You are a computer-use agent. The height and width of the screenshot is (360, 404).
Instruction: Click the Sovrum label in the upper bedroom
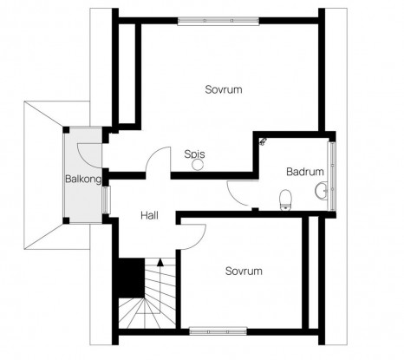224,89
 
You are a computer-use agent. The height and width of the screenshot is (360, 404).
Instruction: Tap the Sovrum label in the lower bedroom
244,272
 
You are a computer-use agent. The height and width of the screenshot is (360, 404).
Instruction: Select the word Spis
194,154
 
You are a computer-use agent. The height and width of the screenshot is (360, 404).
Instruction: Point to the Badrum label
305,172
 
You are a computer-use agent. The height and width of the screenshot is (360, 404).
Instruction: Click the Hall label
149,215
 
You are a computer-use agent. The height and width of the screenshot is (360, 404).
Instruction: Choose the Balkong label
83,180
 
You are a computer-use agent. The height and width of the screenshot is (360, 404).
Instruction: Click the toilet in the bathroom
285,200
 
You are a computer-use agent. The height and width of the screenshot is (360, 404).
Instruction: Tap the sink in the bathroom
321,191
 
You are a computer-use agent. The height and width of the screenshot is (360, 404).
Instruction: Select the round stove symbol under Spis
198,165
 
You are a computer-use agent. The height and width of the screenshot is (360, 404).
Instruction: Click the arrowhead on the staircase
160,262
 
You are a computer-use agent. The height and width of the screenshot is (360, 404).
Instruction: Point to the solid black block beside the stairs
132,278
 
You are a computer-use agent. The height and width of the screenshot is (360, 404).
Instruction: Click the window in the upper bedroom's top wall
218,21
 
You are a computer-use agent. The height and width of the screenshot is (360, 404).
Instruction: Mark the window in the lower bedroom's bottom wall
218,331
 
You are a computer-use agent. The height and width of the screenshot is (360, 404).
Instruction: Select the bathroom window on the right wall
333,176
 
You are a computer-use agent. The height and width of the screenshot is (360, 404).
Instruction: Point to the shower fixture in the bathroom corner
263,141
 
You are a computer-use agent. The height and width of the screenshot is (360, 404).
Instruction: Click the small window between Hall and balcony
106,200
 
